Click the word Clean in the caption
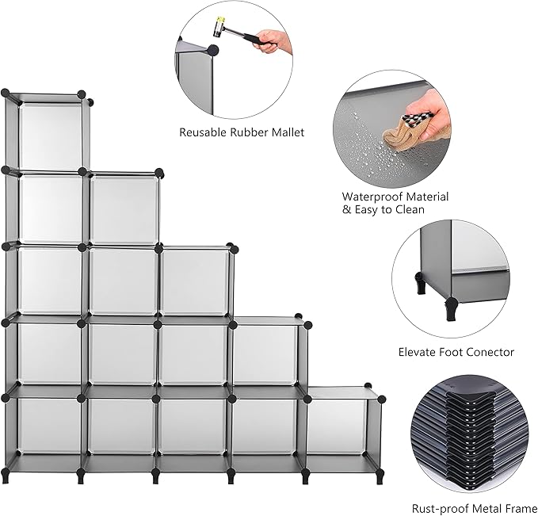coord(407,210)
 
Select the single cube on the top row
coord(49,132)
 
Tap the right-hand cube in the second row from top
coord(124,209)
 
